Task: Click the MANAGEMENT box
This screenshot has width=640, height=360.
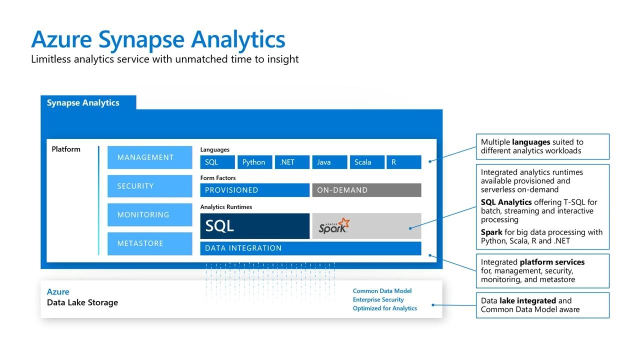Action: (x=149, y=157)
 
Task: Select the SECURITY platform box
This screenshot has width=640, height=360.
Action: (x=149, y=186)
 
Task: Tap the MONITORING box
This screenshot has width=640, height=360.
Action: (x=149, y=214)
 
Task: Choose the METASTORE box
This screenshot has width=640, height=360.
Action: (x=149, y=243)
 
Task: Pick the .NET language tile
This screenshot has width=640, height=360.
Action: (x=292, y=162)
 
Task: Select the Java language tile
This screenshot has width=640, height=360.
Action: (x=329, y=162)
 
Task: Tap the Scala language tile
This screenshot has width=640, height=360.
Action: (x=367, y=162)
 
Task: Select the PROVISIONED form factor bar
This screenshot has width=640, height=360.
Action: (x=254, y=190)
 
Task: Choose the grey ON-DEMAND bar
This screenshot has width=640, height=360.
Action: (x=366, y=190)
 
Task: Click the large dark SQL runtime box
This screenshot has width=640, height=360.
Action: (x=254, y=226)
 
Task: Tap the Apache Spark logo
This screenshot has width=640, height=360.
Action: (x=334, y=226)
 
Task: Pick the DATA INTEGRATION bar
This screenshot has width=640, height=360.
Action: (x=310, y=248)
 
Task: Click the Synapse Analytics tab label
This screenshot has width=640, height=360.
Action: (x=83, y=102)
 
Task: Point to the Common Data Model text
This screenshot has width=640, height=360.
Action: (x=382, y=291)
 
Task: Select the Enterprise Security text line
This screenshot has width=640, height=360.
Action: (x=378, y=299)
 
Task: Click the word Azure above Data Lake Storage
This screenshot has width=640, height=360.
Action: (x=58, y=292)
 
